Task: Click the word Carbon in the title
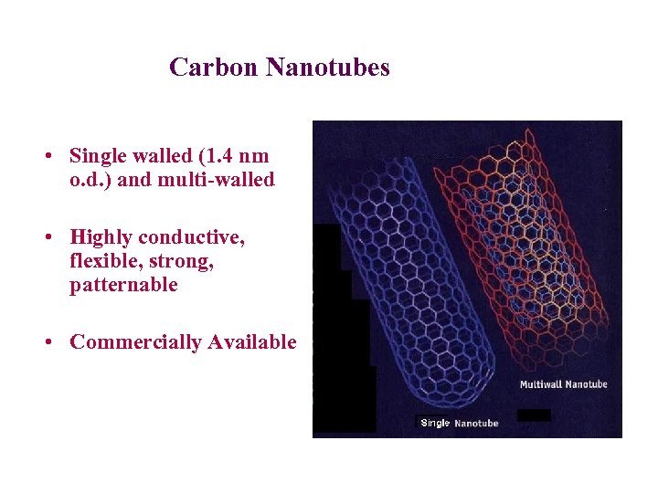pos(215,68)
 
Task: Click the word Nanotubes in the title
pos(328,68)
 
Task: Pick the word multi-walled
pos(216,180)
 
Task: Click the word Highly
pos(101,238)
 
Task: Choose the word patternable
pos(123,286)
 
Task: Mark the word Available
pos(252,342)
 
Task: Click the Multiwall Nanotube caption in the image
pos(563,384)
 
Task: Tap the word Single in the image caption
pos(435,423)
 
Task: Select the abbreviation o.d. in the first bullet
pos(90,180)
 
